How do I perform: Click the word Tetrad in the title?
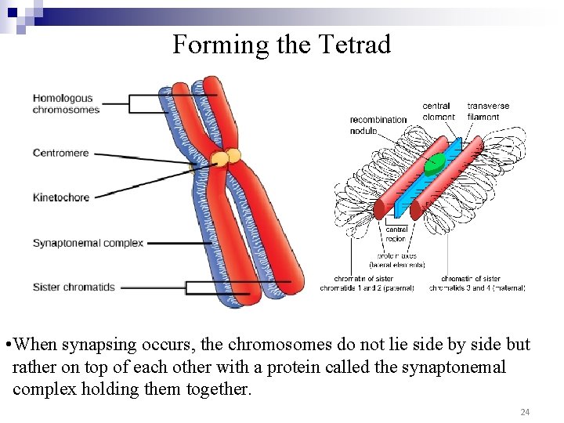pos(355,45)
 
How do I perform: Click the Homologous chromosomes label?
pos(66,103)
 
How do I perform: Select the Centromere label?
pos(60,153)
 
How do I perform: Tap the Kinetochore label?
pos(61,197)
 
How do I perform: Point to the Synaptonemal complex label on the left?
pos(88,243)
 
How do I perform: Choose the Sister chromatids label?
pos(74,287)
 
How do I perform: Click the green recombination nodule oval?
pos(434,164)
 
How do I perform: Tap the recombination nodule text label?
pos(378,125)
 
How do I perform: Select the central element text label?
pos(439,111)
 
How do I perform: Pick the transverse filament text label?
pos(488,111)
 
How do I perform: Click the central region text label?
pos(396,234)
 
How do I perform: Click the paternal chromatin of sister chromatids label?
pos(367,283)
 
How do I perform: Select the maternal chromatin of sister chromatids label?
pos(477,283)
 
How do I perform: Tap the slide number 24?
pos(525,411)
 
